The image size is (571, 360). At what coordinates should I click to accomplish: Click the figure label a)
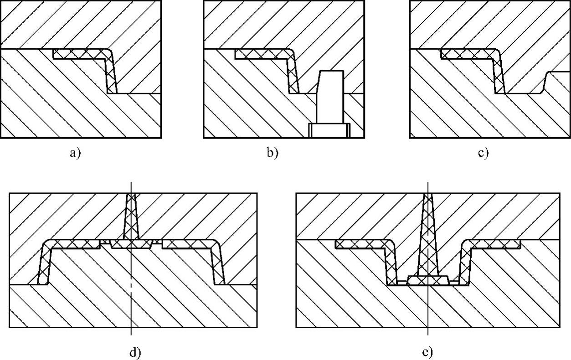pos(75,153)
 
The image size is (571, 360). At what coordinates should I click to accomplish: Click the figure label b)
pos(273,153)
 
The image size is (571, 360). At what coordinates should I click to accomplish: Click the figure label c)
pos(483,153)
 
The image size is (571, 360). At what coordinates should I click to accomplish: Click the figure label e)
pos(427,352)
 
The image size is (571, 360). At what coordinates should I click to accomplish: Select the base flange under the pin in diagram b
pos(329,130)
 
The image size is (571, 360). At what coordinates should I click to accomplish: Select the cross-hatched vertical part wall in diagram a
pos(111,75)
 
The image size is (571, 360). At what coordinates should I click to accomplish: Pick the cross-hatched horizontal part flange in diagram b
pos(260,54)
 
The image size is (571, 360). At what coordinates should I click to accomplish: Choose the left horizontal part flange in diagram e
pos(362,244)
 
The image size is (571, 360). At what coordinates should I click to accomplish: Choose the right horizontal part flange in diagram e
pos(494,244)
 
